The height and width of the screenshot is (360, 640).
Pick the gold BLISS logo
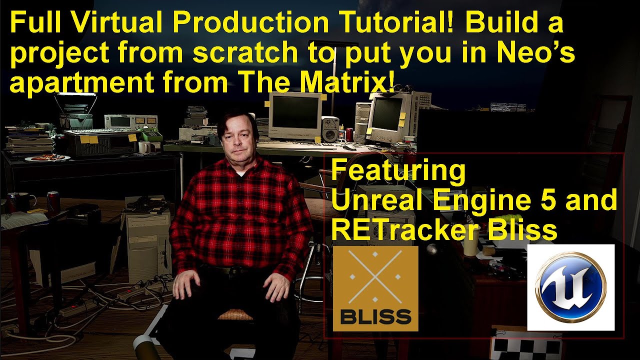click(x=375, y=288)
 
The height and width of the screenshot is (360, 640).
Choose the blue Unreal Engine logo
click(x=570, y=287)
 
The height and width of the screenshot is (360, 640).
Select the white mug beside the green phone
click(x=144, y=147)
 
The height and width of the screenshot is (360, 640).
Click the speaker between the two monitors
click(x=330, y=128)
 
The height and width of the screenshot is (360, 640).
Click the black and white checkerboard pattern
click(x=525, y=346)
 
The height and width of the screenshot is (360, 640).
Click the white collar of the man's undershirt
click(x=239, y=173)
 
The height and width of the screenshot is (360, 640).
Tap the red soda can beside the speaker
click(x=349, y=134)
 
